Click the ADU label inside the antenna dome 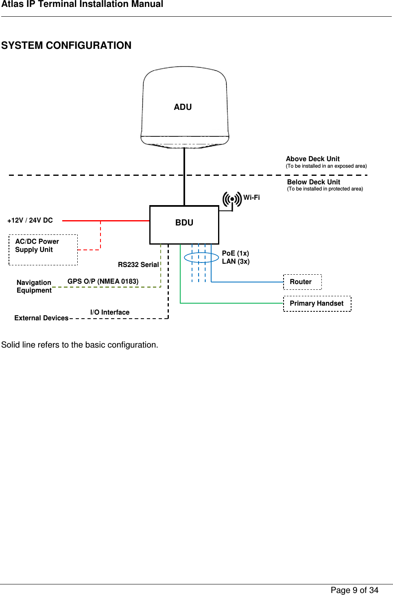183,107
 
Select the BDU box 184,225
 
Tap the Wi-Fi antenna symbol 232,199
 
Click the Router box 302,282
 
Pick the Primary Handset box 317,304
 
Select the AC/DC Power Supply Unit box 43,250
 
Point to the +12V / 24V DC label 30,221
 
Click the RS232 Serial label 138,265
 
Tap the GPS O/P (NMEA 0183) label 103,282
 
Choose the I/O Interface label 110,313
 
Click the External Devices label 41,318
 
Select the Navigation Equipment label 34,287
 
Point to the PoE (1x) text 236,254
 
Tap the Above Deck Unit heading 312,159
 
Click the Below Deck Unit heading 313,182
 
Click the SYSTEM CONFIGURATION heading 66,46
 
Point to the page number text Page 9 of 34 354,590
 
